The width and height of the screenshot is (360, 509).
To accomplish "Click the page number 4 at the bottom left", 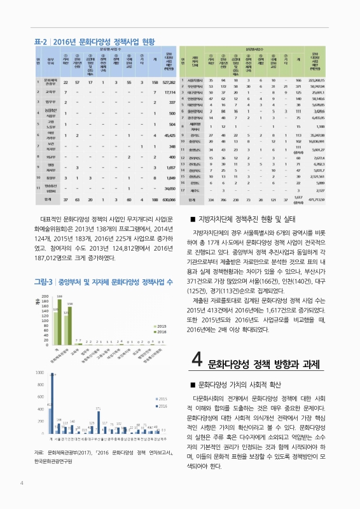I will coord(22,482).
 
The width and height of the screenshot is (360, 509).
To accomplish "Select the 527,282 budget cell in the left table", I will coord(167,82).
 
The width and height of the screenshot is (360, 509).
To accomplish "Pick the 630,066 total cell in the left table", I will coord(167,200).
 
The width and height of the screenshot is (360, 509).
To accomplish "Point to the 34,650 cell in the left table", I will coord(168,188).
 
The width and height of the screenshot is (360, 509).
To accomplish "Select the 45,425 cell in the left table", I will coord(168,136).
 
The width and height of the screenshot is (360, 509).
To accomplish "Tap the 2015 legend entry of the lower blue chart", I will coord(159,398).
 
